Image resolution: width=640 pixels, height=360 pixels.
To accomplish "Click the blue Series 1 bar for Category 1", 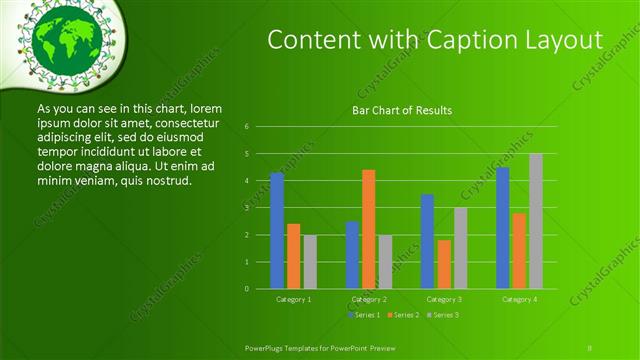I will click(x=277, y=230).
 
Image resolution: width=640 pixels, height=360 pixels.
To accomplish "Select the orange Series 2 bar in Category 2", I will click(x=368, y=229).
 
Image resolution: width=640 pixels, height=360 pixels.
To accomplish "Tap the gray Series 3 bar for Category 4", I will click(x=536, y=221).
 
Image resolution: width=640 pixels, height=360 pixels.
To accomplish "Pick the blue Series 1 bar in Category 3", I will click(x=427, y=241).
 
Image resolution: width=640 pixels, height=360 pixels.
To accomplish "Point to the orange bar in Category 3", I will click(x=444, y=264).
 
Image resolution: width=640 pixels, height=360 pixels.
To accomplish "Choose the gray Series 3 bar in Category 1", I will click(x=310, y=261).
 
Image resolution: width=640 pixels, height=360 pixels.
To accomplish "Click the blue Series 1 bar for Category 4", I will click(x=502, y=228).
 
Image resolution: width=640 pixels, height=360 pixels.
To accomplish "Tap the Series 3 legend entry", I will click(x=443, y=315).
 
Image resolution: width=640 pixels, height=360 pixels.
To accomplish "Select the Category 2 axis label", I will click(x=369, y=299).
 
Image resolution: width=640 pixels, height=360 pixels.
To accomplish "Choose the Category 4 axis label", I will click(x=519, y=299).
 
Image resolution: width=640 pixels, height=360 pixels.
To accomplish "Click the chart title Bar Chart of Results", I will click(x=402, y=110).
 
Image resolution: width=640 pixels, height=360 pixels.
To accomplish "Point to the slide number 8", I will click(x=590, y=348).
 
